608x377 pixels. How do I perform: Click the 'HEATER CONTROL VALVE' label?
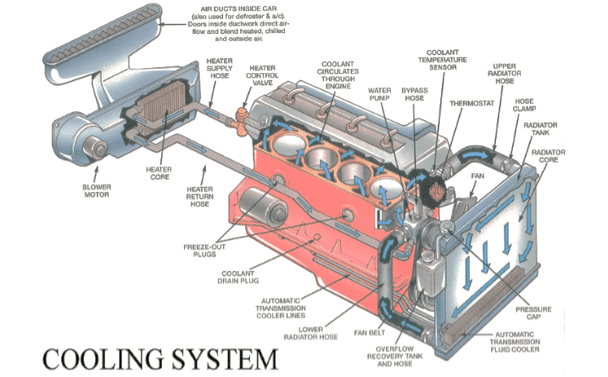click(262, 76)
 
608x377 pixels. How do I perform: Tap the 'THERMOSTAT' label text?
click(471, 104)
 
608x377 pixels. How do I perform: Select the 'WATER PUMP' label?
click(379, 94)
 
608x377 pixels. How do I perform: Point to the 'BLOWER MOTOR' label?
click(97, 191)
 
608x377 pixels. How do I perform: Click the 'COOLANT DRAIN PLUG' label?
click(238, 277)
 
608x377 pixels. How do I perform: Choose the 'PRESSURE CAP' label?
click(533, 313)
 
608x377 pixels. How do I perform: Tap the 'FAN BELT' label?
click(370, 333)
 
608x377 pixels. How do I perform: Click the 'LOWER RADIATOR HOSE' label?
click(310, 333)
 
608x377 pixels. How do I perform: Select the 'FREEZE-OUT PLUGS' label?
click(204, 250)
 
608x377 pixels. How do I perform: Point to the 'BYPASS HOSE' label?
click(415, 94)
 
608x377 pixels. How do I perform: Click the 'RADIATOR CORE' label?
click(549, 155)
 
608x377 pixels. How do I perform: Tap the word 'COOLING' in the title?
click(103, 359)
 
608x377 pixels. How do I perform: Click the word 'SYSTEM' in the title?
click(226, 359)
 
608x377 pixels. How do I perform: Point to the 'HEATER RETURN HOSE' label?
click(199, 196)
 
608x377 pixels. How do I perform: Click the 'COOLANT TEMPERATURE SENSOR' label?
click(443, 59)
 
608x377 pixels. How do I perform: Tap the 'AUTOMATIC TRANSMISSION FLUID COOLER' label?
click(515, 341)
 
